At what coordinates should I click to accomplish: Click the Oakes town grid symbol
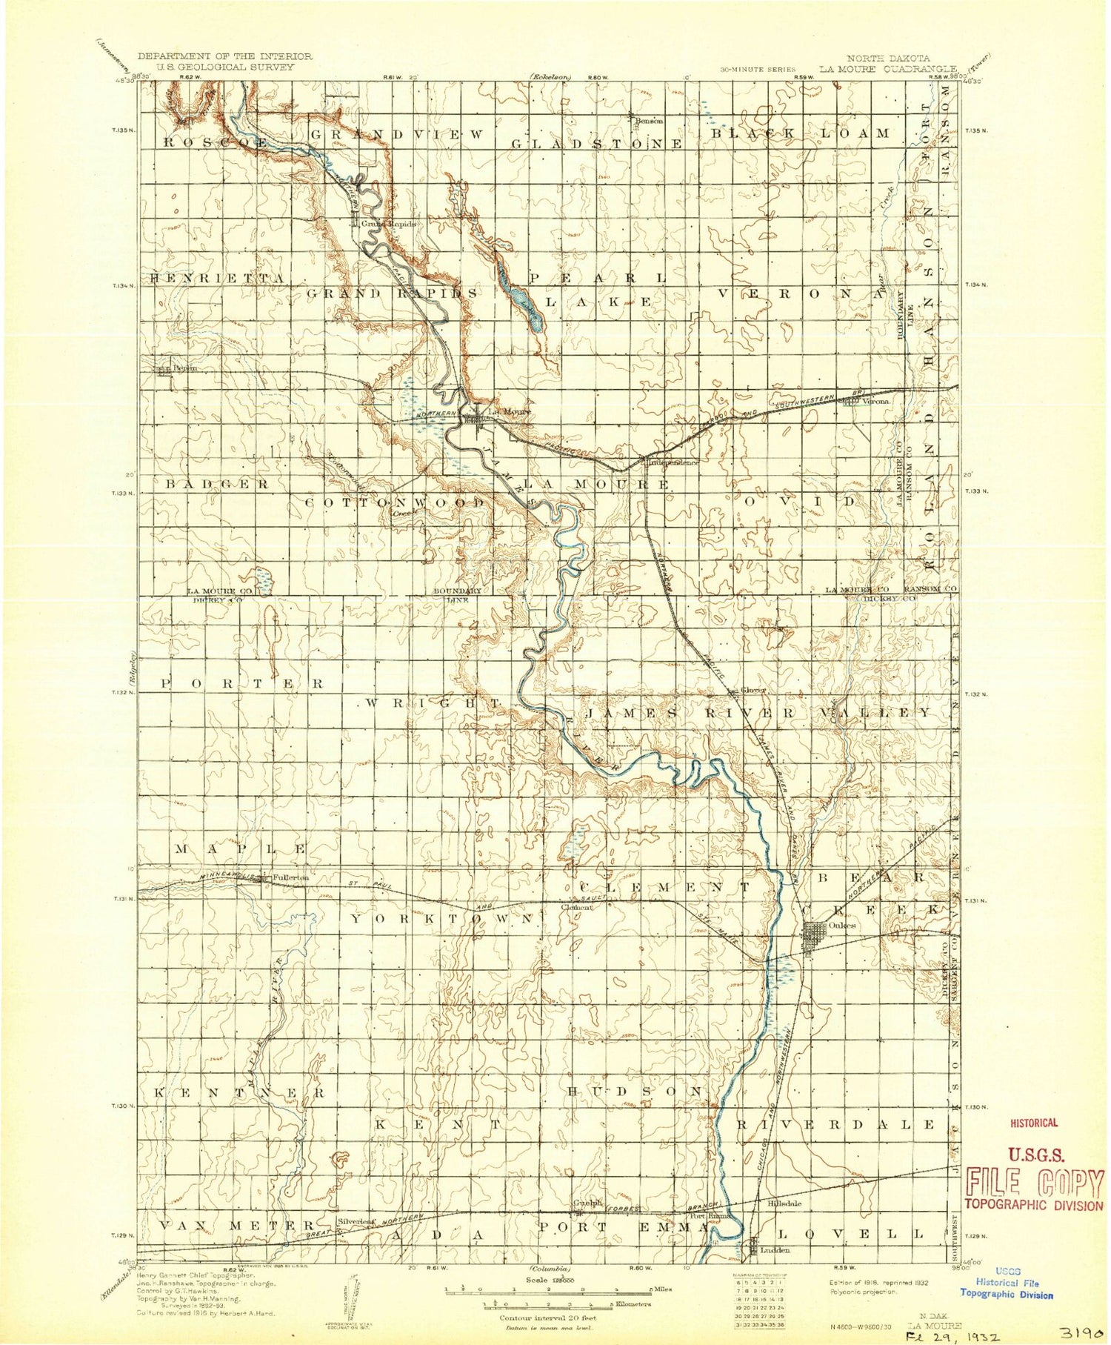coord(816,932)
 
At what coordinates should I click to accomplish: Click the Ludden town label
coord(775,1250)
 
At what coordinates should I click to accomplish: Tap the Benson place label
coord(650,121)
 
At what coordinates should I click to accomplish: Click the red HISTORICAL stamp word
coord(1034,1123)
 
